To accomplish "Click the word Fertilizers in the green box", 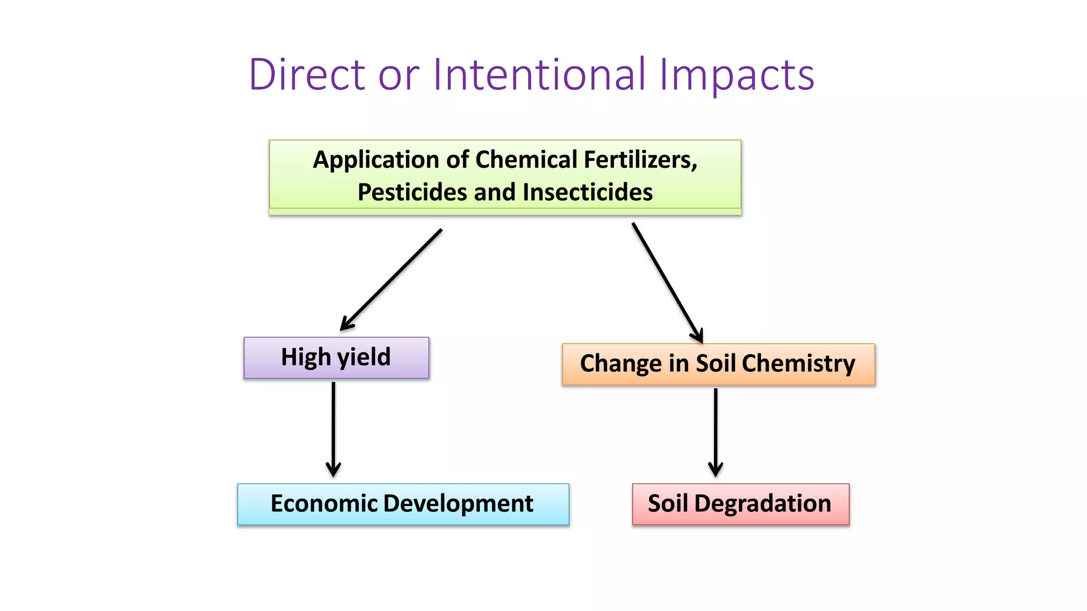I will coord(640,160).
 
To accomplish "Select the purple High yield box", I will coord(336,358).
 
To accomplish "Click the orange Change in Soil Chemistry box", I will coord(718,364).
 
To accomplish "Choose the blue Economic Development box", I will coord(403,504).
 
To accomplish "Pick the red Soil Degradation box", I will coord(740,504).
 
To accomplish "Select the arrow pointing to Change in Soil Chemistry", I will coord(667,282).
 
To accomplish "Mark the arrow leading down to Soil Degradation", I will coord(715,432).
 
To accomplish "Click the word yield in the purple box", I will coord(364,358).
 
